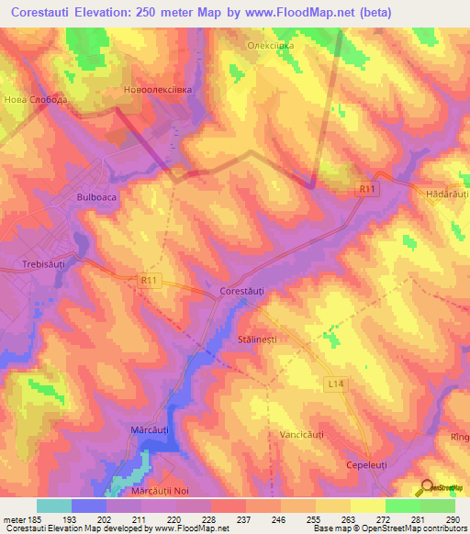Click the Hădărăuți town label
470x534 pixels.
point(446,195)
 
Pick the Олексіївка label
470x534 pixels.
point(272,43)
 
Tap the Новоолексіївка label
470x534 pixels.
point(158,91)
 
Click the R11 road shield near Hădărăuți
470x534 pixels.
point(367,188)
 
